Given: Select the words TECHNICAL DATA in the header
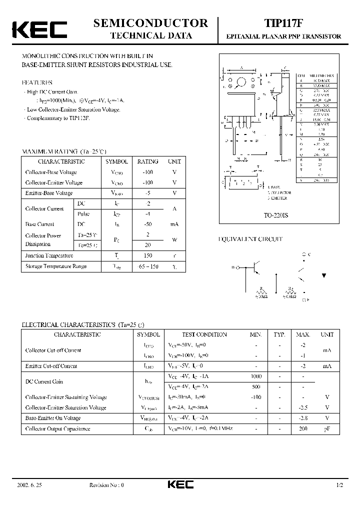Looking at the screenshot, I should (x=150, y=35).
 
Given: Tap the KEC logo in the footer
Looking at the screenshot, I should (x=180, y=484).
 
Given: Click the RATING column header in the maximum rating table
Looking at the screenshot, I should (x=147, y=161).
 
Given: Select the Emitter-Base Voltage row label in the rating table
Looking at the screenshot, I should (x=49, y=193).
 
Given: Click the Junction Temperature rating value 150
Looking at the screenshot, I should (x=148, y=255).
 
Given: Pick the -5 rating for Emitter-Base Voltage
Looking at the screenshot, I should (x=148, y=193).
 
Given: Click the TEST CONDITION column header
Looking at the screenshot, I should (x=204, y=334).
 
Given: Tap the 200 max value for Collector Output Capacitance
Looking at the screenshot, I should (x=303, y=428).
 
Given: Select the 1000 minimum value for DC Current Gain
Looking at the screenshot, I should (x=255, y=376).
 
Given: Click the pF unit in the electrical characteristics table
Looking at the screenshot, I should (x=327, y=428).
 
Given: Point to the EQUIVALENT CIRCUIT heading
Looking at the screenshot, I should (x=250, y=239).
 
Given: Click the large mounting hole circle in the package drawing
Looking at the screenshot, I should (x=241, y=82).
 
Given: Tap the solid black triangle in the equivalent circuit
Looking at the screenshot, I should (x=324, y=275).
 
